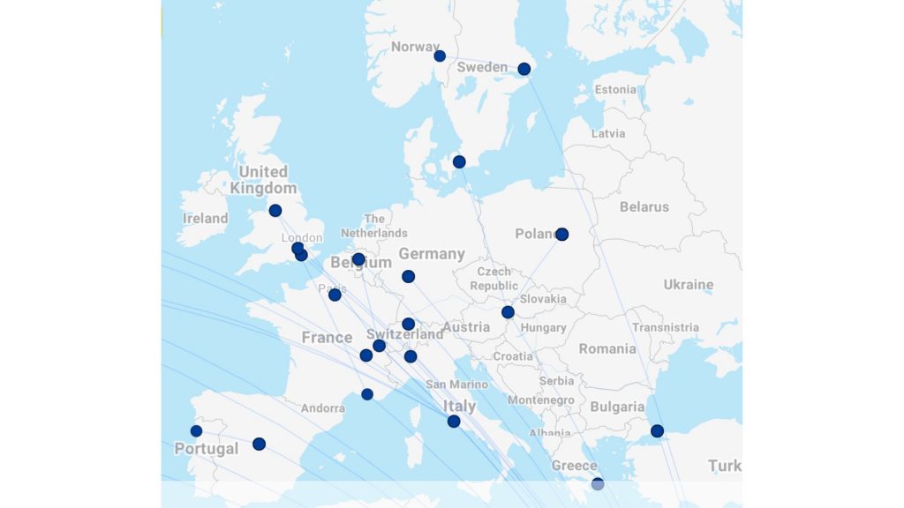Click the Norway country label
tap(415, 47)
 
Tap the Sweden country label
tap(482, 67)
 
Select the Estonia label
tap(615, 89)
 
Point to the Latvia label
tap(608, 133)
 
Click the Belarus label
tap(644, 206)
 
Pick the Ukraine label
tap(689, 285)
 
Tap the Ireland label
tap(205, 218)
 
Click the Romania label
tap(607, 348)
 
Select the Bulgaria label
tap(617, 407)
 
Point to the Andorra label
tap(323, 408)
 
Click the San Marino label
tap(456, 385)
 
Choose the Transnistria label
tap(666, 327)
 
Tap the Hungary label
tap(544, 327)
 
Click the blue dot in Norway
tap(440, 56)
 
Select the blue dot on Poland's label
tap(561, 234)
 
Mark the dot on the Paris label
tap(335, 295)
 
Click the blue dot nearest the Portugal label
tap(196, 431)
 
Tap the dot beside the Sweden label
tap(524, 69)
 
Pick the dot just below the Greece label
tap(598, 483)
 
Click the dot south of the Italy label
tap(454, 422)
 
